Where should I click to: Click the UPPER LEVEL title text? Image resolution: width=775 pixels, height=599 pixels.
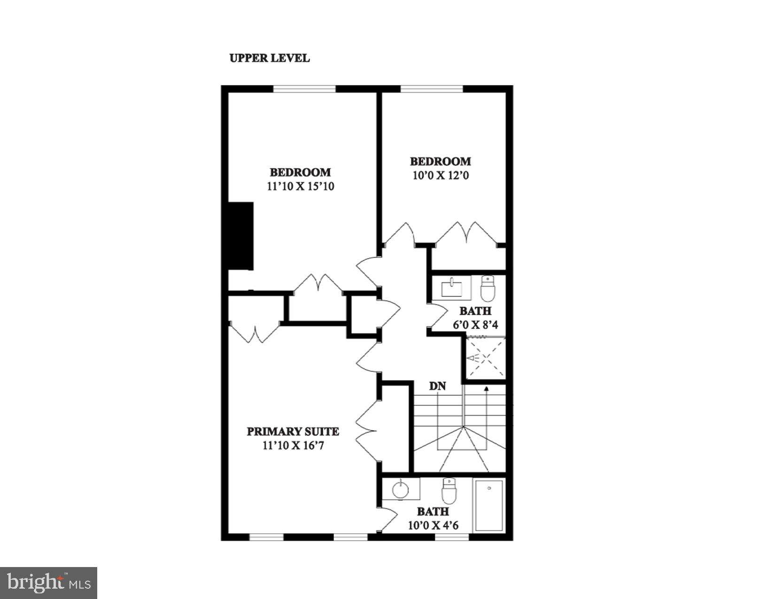269,58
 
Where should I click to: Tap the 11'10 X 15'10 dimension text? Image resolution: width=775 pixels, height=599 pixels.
300,186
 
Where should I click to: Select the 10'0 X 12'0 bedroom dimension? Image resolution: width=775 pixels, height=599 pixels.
440,176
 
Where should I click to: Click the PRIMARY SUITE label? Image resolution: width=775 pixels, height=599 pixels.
293,431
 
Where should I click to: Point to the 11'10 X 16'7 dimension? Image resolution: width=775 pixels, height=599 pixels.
293,445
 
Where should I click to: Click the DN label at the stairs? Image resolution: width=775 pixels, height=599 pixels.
437,386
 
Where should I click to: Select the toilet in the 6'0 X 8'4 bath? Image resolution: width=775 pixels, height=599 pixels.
488,288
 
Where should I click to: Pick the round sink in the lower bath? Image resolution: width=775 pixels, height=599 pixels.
401,490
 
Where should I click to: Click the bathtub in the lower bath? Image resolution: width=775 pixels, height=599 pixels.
489,505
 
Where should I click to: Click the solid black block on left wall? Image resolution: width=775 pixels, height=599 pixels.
240,236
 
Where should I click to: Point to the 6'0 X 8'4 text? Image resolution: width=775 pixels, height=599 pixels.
475,325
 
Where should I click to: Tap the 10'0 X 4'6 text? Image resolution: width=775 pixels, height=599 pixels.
433,525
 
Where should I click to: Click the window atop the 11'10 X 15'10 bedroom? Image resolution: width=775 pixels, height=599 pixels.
305,88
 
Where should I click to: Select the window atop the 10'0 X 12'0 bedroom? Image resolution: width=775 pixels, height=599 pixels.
431,88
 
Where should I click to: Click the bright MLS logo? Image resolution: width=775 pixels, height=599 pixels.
49,583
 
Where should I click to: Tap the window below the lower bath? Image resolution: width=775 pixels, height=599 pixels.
451,537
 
